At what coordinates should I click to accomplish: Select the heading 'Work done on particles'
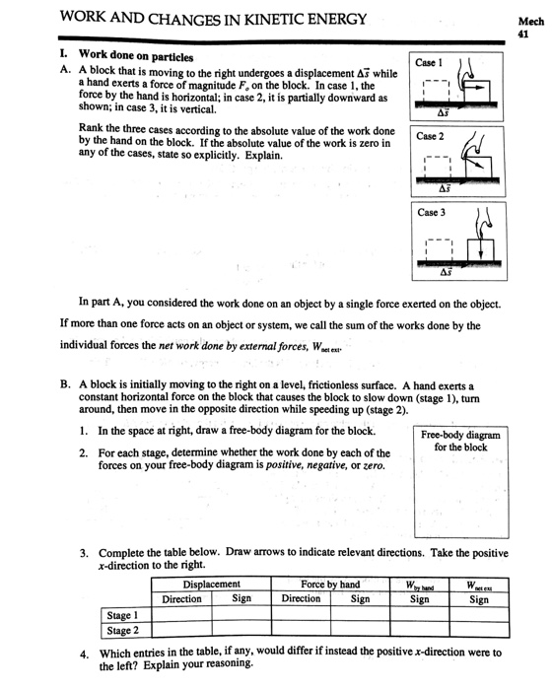point(136,54)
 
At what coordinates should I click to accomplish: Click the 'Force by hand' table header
point(330,584)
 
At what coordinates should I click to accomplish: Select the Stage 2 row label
point(122,630)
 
